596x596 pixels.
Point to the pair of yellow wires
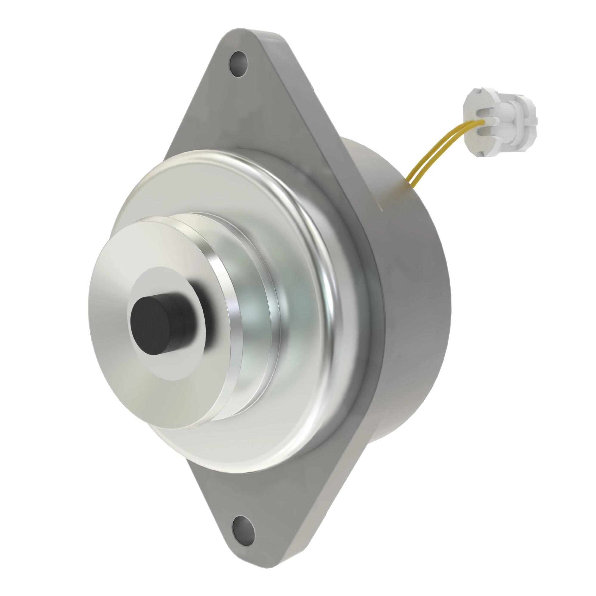click(x=432, y=154)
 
